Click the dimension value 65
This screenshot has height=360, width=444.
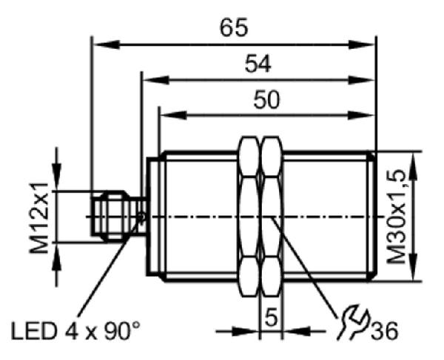point(234,27)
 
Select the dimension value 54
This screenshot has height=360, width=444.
point(258,64)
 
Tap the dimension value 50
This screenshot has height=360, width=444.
point(266,100)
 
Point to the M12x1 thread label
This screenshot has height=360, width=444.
point(39,218)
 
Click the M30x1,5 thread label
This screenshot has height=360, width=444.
point(397,217)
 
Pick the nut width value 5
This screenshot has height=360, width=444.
point(271,318)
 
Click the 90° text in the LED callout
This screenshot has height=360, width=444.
point(122,330)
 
